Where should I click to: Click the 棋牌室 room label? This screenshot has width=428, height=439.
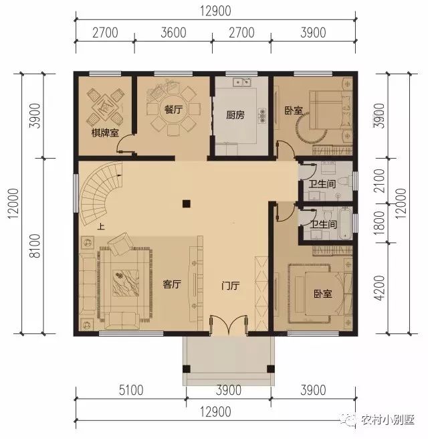pos(105,133)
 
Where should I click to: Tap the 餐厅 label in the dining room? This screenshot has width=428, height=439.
pos(173,110)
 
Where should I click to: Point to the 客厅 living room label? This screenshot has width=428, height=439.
pos(173,284)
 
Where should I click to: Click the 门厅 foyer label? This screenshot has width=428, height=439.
pos(231,284)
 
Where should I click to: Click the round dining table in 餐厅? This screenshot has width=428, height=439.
pos(173,110)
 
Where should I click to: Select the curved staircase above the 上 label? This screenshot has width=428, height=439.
pos(100,194)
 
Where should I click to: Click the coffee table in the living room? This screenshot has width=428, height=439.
pos(122,282)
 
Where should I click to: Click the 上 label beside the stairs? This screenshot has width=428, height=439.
pos(100,227)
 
